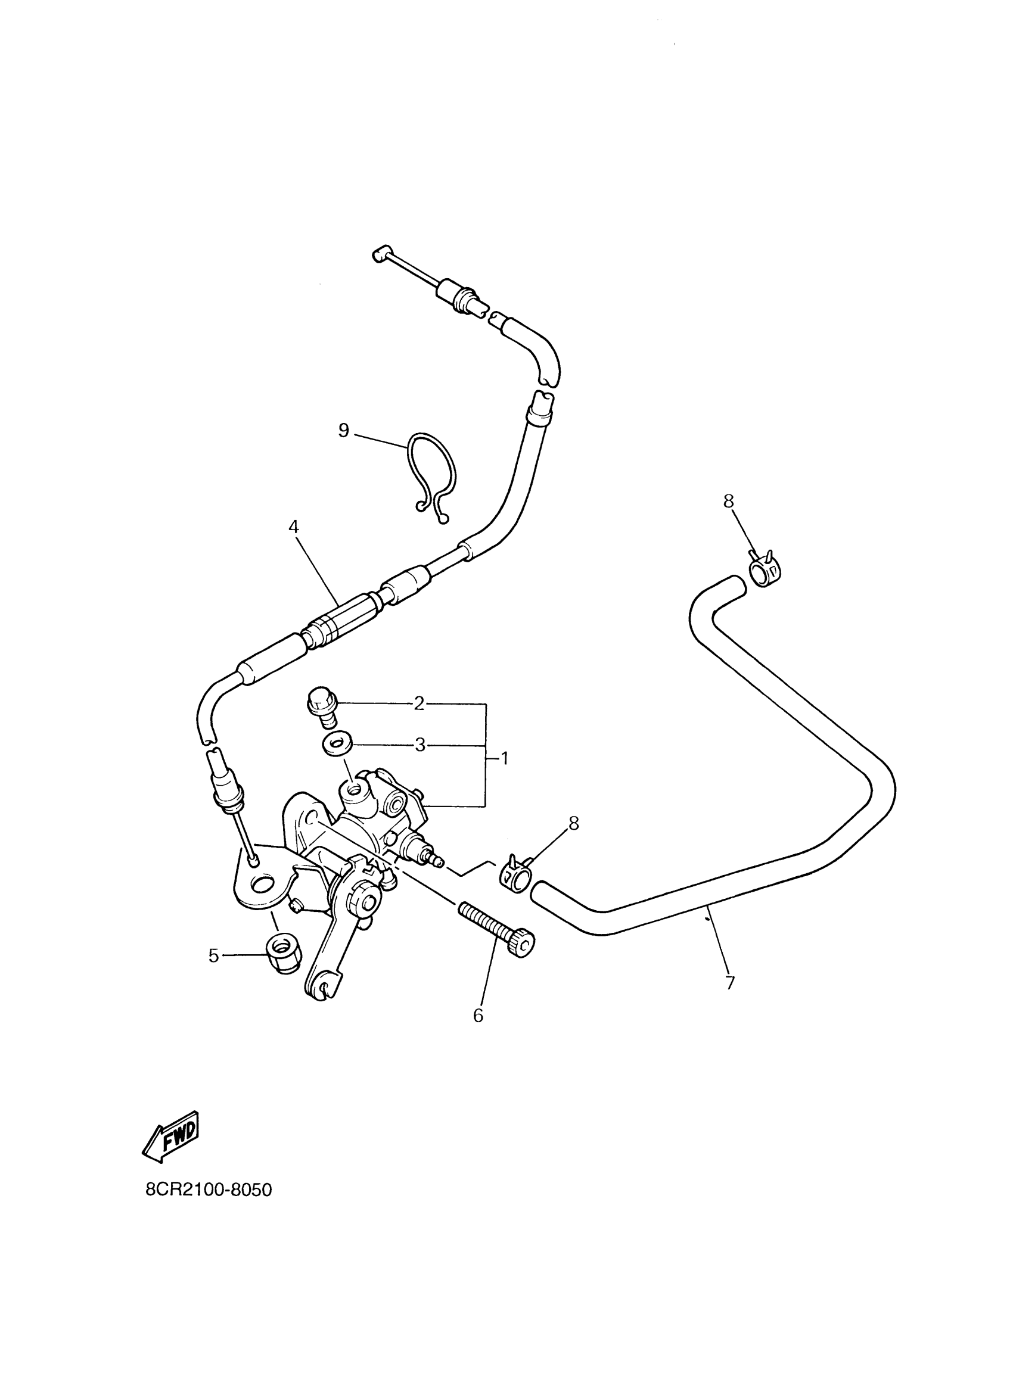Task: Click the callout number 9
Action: [x=343, y=430]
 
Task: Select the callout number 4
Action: [x=294, y=527]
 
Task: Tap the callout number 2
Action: [x=420, y=703]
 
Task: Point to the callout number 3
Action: [x=420, y=745]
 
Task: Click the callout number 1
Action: [x=504, y=758]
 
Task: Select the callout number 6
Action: [x=478, y=1015]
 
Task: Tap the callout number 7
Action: [x=730, y=983]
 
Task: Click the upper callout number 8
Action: [x=729, y=501]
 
